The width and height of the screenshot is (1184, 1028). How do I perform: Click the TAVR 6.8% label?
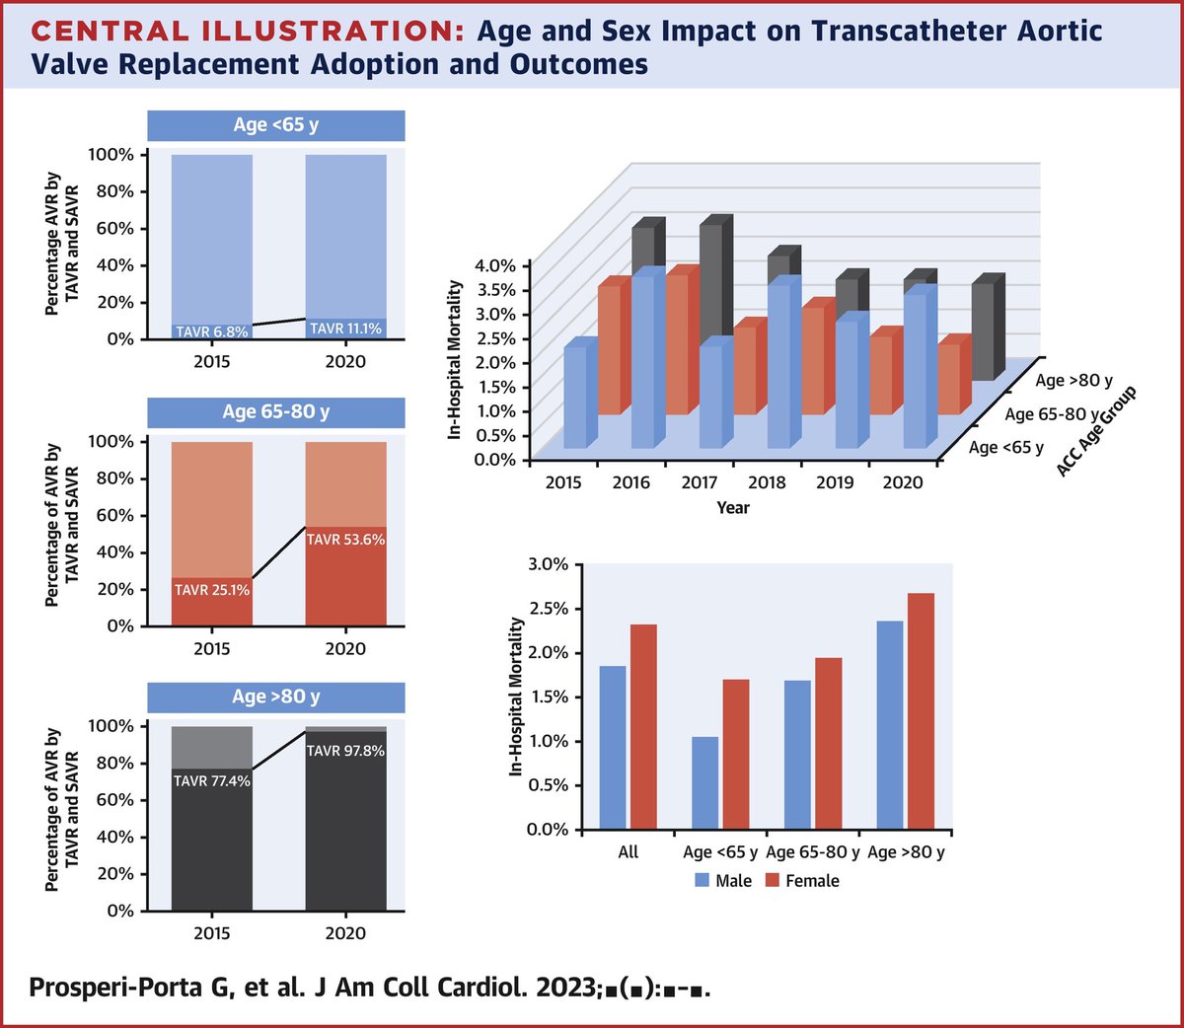[212, 331]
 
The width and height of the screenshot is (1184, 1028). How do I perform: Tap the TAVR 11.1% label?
[345, 329]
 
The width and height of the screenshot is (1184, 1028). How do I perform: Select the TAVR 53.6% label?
[345, 540]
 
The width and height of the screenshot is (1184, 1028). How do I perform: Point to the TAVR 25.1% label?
[212, 590]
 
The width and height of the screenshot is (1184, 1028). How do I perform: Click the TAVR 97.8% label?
[345, 751]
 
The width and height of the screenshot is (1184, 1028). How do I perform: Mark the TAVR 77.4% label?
[212, 781]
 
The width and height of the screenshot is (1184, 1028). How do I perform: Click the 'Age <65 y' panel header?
[276, 125]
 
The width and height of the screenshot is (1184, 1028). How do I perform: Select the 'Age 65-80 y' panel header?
[276, 411]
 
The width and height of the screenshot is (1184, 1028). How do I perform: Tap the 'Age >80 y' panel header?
[276, 697]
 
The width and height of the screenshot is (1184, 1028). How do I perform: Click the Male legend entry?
[723, 881]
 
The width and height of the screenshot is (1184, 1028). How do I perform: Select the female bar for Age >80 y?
[920, 710]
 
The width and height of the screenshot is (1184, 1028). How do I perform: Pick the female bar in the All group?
[643, 726]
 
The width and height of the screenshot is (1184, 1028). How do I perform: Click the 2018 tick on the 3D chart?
[767, 482]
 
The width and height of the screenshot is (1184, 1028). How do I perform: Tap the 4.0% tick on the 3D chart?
[495, 265]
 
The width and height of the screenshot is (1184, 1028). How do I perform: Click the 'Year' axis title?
[733, 507]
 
